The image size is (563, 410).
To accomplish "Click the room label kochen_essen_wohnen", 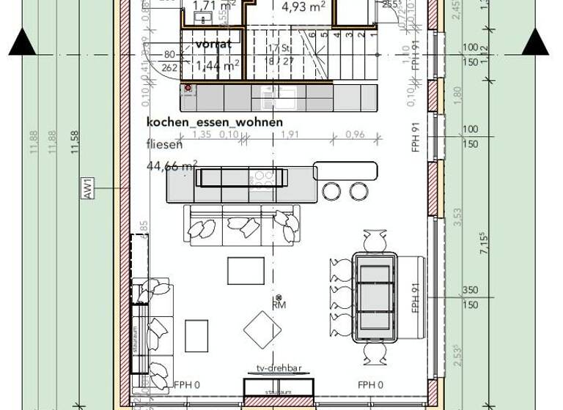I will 214,122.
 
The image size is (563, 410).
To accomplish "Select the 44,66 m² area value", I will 172,166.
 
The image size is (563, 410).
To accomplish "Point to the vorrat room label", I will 213,44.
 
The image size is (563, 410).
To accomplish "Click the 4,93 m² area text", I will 303,7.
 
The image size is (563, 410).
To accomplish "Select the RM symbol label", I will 279,304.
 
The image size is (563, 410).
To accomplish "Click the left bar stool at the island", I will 332,192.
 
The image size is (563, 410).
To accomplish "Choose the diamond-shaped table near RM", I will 262,330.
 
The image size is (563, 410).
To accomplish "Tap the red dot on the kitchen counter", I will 188,89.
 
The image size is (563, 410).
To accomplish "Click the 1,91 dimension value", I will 290,135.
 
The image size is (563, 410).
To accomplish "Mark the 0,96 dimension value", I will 355,135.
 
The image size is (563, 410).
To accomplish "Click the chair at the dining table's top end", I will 375,240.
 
